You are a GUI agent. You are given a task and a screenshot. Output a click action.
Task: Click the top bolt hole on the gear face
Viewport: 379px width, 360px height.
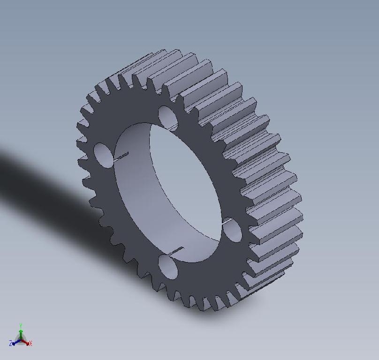click(x=167, y=116)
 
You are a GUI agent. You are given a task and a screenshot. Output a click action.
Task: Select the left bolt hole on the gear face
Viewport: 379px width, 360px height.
click(x=103, y=153)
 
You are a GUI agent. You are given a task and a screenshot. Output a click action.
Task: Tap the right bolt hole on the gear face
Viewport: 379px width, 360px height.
click(x=232, y=230)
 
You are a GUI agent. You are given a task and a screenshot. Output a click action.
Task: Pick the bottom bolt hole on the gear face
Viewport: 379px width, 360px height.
click(x=168, y=267)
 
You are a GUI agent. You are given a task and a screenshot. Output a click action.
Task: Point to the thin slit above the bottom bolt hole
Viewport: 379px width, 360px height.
click(x=175, y=251)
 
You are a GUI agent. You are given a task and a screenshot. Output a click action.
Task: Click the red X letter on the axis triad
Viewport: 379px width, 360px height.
click(x=30, y=344)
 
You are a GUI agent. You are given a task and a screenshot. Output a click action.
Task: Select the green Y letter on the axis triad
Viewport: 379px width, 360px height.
click(x=21, y=325)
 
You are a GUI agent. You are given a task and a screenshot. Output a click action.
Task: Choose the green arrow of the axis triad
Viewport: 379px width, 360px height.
click(x=21, y=332)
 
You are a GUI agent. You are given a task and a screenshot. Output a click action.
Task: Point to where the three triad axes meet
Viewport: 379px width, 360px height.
click(x=21, y=339)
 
